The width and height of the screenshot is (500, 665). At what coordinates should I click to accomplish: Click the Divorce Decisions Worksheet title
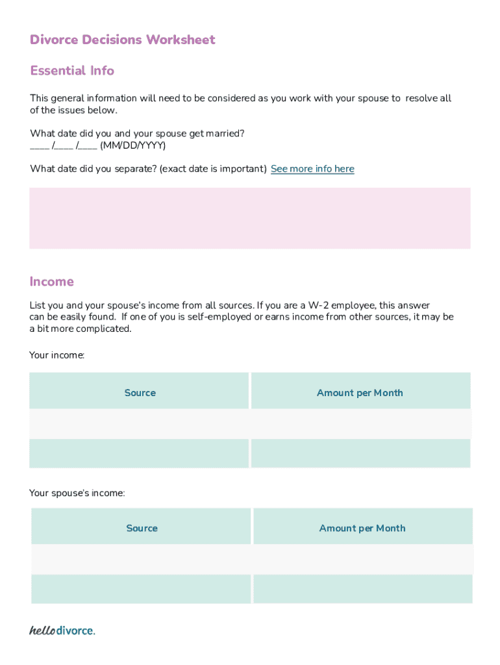point(122,40)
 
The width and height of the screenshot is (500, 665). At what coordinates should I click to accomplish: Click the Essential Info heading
point(72,70)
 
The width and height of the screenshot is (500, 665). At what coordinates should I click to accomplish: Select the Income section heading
point(52,281)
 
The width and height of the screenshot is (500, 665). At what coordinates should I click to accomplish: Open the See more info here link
point(312,169)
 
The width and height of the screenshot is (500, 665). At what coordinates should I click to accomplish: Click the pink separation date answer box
point(250,218)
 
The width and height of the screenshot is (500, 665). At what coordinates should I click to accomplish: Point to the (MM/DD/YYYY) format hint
point(133,145)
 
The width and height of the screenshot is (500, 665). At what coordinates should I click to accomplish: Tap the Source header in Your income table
point(140,392)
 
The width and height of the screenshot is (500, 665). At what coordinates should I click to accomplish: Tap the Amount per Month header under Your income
point(360,392)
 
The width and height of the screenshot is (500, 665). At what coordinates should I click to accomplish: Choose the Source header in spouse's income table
point(142,528)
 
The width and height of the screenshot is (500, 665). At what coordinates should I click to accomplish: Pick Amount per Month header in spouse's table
point(362,528)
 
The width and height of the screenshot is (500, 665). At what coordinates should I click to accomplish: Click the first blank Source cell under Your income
point(139,423)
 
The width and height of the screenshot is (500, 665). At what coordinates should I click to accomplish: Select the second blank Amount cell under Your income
point(360,453)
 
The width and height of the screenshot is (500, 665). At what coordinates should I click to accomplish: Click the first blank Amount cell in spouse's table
point(362,558)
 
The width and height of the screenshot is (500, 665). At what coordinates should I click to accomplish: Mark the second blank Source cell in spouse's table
point(141,588)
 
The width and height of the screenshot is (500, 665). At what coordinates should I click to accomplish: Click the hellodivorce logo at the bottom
point(62,631)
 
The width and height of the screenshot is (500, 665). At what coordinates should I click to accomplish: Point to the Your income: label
point(57,355)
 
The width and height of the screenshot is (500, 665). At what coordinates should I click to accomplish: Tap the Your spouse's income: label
point(77,494)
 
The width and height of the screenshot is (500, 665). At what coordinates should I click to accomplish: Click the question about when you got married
point(137,133)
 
